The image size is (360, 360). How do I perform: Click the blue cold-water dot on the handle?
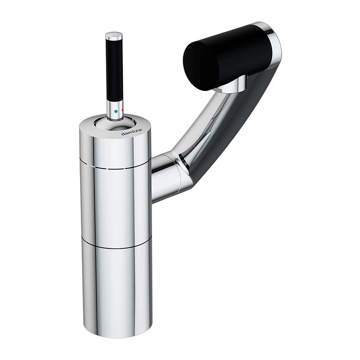[x=116, y=111]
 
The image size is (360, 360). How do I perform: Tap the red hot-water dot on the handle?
[x=123, y=110]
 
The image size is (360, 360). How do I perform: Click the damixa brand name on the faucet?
[x=132, y=132]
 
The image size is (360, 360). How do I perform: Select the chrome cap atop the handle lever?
[x=114, y=36]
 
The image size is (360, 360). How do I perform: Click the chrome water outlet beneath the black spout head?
[x=232, y=84]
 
